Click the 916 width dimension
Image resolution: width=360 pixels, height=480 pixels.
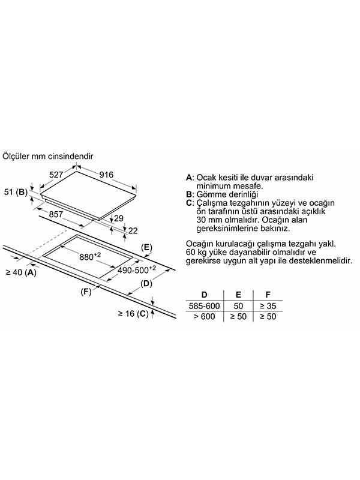pyautogui.click(x=106, y=175)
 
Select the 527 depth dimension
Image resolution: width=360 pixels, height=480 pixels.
pyautogui.click(x=56, y=175)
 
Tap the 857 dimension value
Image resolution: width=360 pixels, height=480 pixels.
pyautogui.click(x=56, y=214)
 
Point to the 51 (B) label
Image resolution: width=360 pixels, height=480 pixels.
pyautogui.click(x=16, y=192)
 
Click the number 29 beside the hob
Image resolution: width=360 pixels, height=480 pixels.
pyautogui.click(x=118, y=218)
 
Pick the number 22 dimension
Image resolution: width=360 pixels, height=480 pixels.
pyautogui.click(x=133, y=230)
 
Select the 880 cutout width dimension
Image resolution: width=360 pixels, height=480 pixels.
pyautogui.click(x=90, y=257)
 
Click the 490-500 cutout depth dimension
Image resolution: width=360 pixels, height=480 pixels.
pyautogui.click(x=137, y=269)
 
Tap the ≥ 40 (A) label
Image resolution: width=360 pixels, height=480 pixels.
pyautogui.click(x=21, y=272)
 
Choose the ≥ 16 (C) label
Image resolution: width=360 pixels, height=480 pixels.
pyautogui.click(x=133, y=314)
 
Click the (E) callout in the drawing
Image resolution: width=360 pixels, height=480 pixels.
pyautogui.click(x=146, y=247)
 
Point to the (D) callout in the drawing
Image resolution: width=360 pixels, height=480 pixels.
pyautogui.click(x=146, y=284)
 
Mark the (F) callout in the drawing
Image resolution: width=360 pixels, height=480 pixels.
pyautogui.click(x=86, y=292)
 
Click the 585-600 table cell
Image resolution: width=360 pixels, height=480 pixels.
pyautogui.click(x=204, y=306)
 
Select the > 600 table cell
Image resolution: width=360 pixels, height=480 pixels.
pyautogui.click(x=204, y=316)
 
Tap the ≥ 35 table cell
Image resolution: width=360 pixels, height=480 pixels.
pyautogui.click(x=268, y=306)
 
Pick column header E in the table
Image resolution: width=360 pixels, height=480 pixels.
pyautogui.click(x=238, y=295)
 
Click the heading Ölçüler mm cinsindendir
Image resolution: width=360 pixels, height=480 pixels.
pyautogui.click(x=48, y=156)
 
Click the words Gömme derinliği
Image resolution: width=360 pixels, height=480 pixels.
pyautogui.click(x=227, y=194)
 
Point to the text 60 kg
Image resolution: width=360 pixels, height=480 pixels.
pyautogui.click(x=196, y=253)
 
